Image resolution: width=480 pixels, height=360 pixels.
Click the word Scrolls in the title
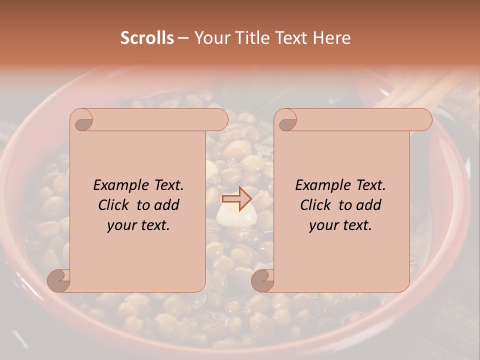pos(147,37)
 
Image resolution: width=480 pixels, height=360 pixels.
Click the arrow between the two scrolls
pos(237,199)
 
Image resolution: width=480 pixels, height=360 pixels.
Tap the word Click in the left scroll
pos(114,205)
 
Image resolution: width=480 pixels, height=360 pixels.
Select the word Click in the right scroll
pos(316,205)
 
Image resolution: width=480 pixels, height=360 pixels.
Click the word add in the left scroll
pos(167,205)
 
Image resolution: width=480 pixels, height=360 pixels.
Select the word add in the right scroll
pos(369,205)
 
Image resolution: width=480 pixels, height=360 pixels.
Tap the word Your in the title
pos(211,37)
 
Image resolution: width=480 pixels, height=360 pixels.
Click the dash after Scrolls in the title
pos(183,38)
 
